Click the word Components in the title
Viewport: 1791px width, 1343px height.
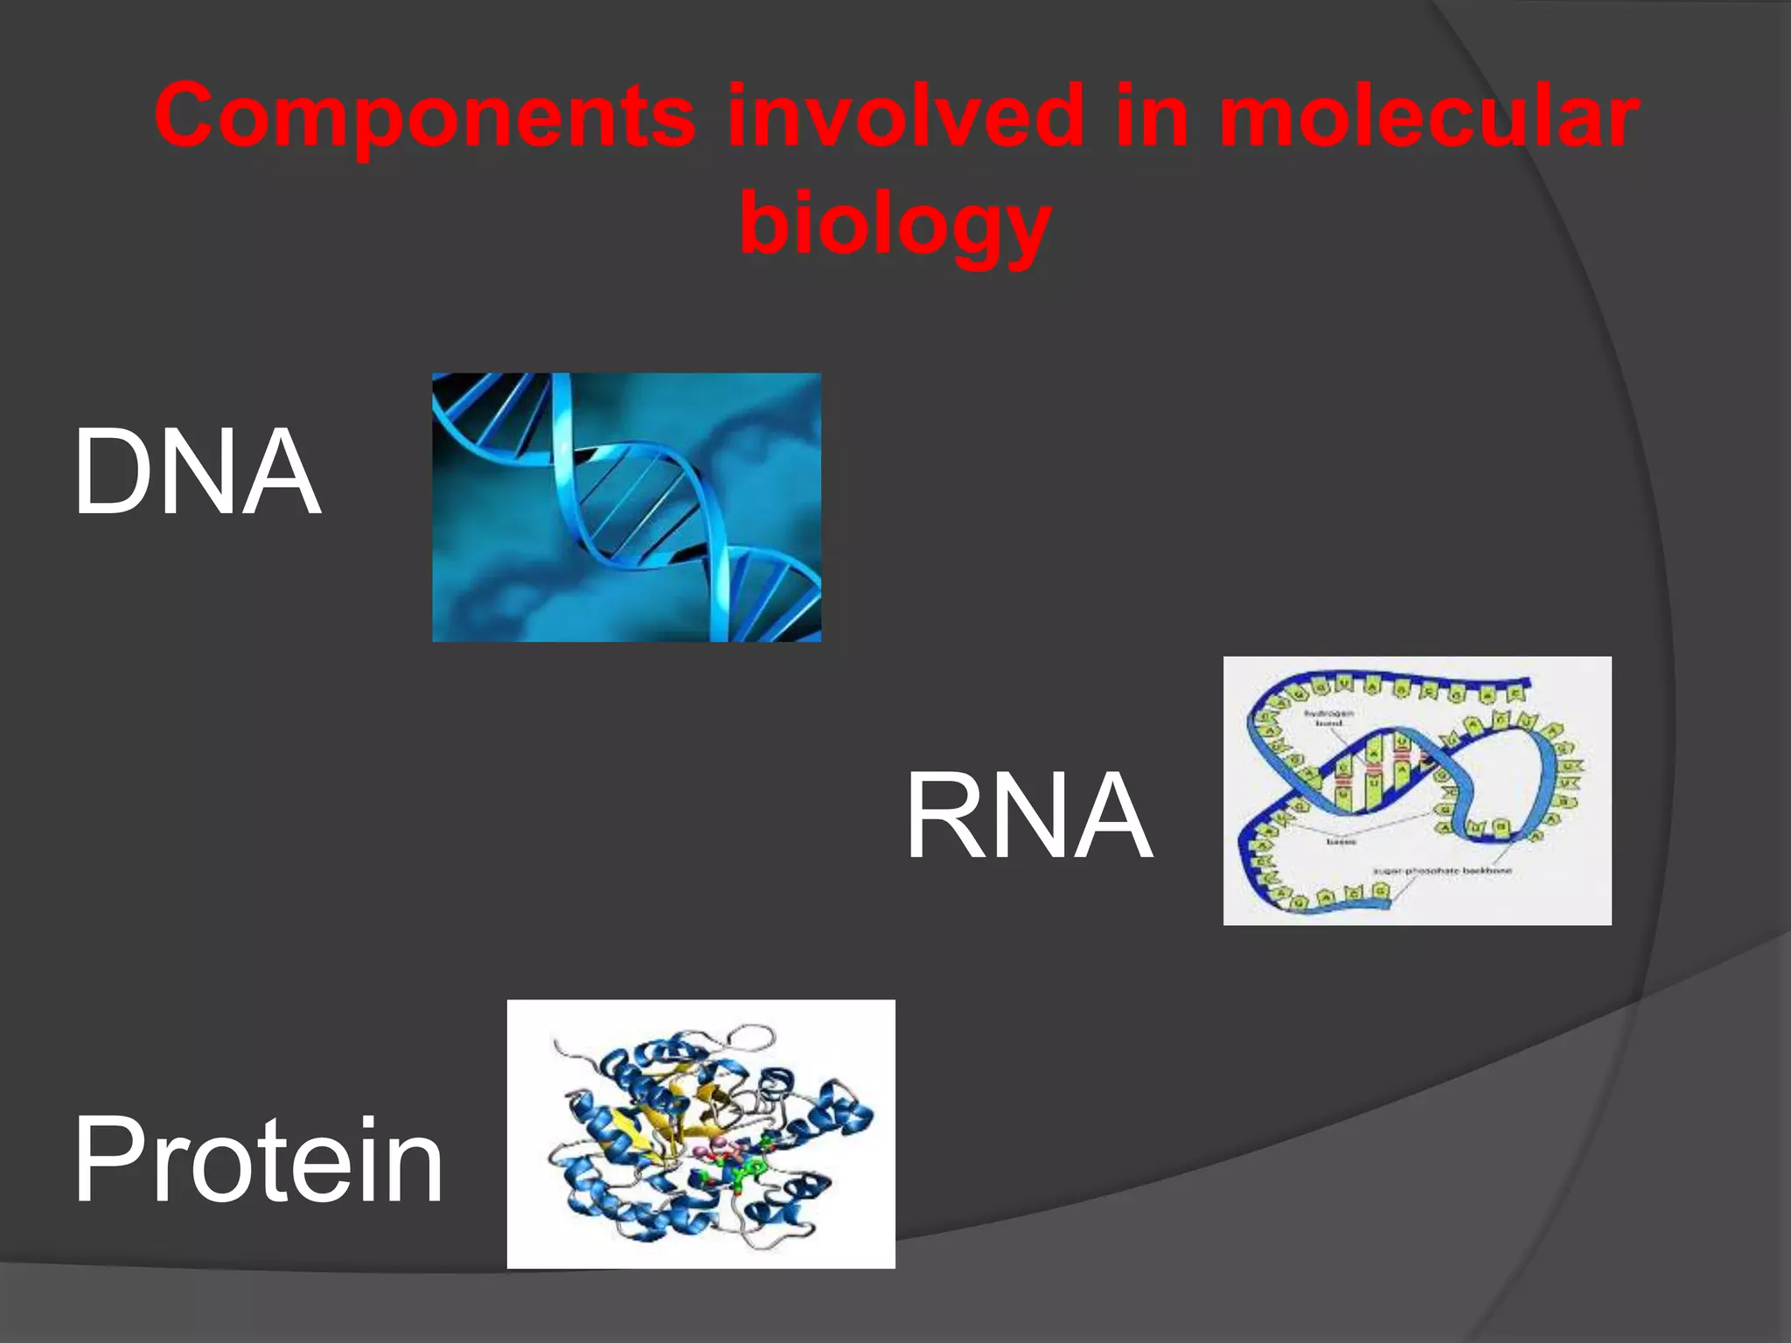(425, 116)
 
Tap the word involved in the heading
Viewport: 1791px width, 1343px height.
(905, 116)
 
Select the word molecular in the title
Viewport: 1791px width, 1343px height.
(1428, 116)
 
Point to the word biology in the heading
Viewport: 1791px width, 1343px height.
(895, 223)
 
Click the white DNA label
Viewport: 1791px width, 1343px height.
(198, 472)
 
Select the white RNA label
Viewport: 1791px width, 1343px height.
(1029, 817)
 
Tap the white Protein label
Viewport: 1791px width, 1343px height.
(259, 1160)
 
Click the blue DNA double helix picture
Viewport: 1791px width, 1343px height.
(626, 507)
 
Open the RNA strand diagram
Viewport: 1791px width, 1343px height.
(1417, 790)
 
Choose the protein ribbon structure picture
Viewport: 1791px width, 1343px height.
(700, 1133)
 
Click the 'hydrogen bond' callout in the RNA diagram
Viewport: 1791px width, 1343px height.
(1328, 718)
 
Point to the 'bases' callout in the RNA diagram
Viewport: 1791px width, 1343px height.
(1342, 841)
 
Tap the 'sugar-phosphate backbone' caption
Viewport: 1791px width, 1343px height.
(1442, 871)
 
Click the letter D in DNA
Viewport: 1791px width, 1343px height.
(109, 472)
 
